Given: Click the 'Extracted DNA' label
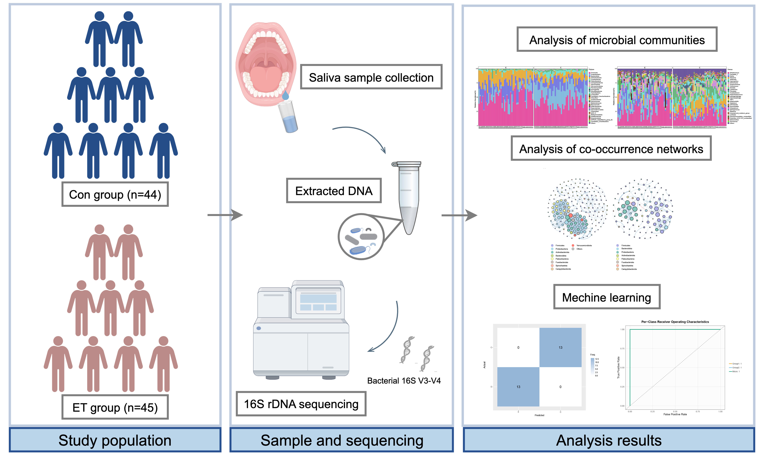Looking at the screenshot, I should (334, 191).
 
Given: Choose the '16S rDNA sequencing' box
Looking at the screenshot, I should (301, 404).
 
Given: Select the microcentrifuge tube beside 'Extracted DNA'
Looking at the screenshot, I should (408, 197).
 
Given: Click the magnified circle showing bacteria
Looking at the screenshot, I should (361, 237).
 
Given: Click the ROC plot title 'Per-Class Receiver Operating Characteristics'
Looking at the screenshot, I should (675, 322).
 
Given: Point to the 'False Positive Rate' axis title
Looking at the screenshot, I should (675, 414).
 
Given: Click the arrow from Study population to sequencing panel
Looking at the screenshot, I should (225, 215).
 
